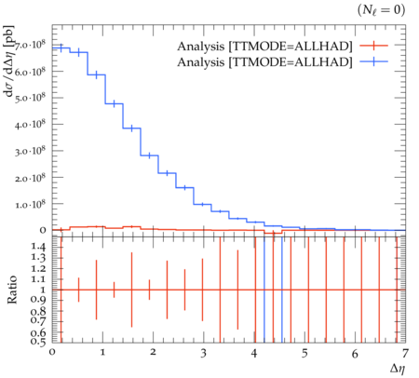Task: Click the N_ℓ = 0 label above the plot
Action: click(381, 10)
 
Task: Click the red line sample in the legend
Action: click(373, 46)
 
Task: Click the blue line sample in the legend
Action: click(373, 61)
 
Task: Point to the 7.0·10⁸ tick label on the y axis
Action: click(30, 46)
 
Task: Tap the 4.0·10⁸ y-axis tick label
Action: click(30, 125)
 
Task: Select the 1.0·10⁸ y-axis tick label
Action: click(30, 205)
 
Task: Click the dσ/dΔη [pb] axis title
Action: click(10, 61)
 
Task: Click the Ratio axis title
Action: click(12, 290)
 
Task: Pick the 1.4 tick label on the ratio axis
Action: click(38, 248)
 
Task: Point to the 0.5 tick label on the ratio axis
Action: click(38, 342)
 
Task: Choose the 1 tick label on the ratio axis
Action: click(43, 290)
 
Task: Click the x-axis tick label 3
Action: click(203, 353)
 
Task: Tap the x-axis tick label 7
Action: click(405, 353)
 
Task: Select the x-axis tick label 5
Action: click(304, 353)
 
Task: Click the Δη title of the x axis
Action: click(398, 368)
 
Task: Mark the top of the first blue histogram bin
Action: click(61, 47)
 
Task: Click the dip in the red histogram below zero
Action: click(273, 233)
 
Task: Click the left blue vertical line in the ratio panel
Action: click(264, 290)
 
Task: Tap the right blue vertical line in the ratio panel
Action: click(282, 290)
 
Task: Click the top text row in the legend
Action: click(264, 47)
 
